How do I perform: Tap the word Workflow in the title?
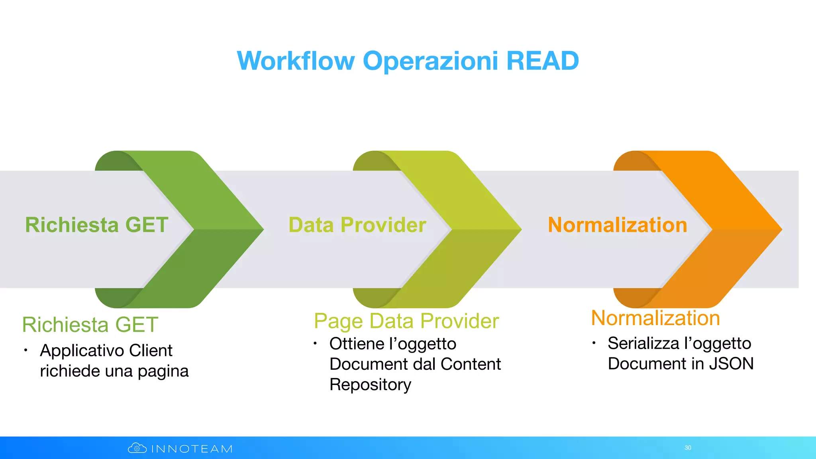point(296,61)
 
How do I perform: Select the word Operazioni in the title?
point(430,61)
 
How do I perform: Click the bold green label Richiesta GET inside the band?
point(97,225)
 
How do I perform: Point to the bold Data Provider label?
point(357,225)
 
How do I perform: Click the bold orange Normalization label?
point(618,225)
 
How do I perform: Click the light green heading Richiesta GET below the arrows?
point(90,324)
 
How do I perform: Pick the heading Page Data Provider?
point(406,321)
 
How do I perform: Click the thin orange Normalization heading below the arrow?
point(655,318)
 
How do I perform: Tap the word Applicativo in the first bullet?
point(82,351)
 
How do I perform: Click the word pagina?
point(163,371)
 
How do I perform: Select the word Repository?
point(370,384)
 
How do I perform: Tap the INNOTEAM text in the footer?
point(192,449)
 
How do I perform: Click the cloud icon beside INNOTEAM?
point(137,448)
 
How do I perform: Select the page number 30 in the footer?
point(688,448)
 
